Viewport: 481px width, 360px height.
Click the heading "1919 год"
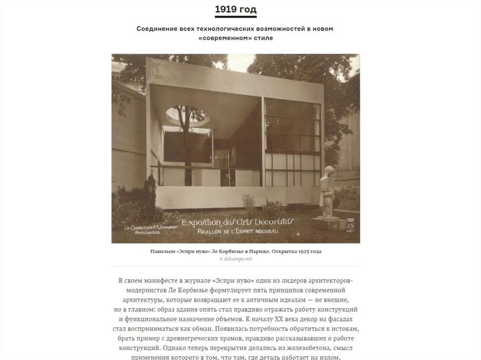235,9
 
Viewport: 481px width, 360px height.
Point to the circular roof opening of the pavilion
187,115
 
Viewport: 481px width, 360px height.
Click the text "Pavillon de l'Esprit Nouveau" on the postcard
237,231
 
